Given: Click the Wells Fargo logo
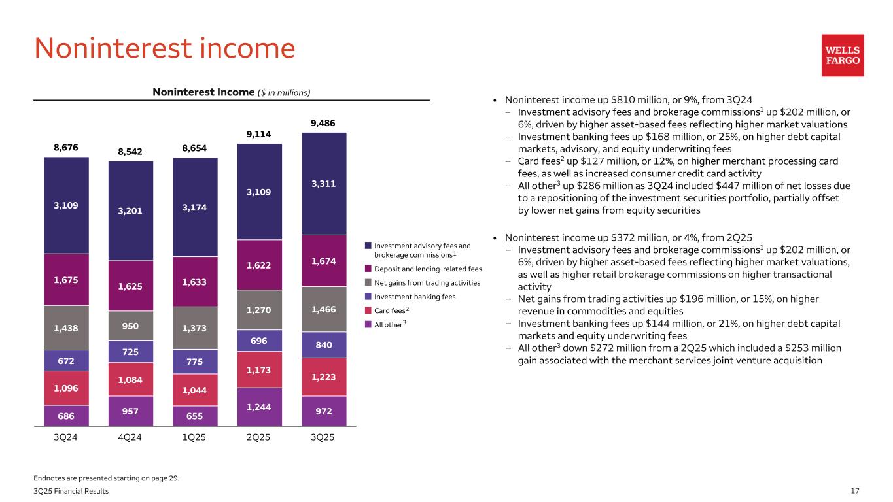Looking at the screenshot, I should click(x=843, y=56).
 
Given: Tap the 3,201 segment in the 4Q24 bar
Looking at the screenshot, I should click(x=131, y=210).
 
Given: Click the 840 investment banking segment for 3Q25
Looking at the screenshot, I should click(x=324, y=344).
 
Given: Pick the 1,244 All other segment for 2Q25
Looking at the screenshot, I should click(x=260, y=406).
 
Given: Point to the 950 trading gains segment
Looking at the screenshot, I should click(x=131, y=325).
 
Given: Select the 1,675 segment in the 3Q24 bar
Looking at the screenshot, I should click(x=66, y=279).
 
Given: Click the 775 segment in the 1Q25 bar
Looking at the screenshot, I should click(x=195, y=361).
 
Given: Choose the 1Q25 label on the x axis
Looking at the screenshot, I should click(x=195, y=437).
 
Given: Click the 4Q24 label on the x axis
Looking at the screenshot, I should click(x=131, y=437).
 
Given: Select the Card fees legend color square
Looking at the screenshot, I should click(x=368, y=310).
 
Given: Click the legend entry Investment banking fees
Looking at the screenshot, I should click(x=415, y=296).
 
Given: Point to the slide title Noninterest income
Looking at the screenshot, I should click(x=164, y=48).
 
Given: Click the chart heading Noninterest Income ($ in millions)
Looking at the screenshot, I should click(x=231, y=92).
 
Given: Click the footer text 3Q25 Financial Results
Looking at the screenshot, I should click(x=71, y=490).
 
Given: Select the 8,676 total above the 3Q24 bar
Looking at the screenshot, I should click(x=66, y=148).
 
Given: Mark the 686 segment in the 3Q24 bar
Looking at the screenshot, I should click(x=66, y=415).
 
